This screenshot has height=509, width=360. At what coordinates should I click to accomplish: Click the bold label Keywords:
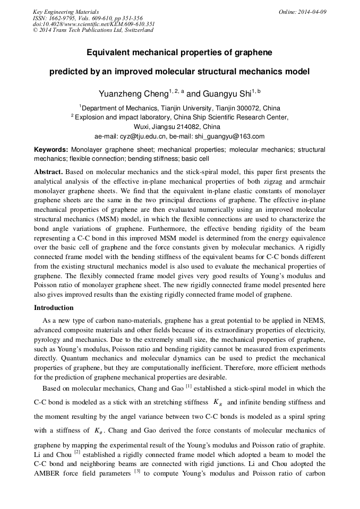click(x=51, y=150)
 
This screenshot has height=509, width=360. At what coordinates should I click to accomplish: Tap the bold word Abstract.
click(x=48, y=172)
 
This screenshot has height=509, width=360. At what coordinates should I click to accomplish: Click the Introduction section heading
click(x=54, y=308)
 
